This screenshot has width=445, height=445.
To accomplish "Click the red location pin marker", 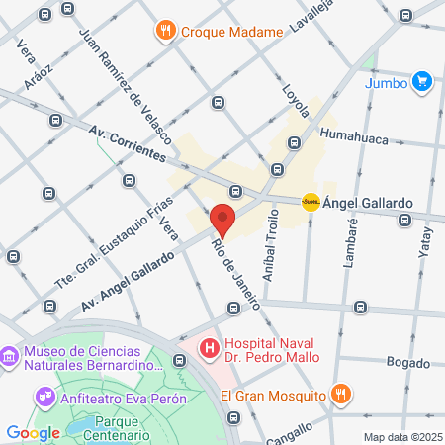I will pos(222,220).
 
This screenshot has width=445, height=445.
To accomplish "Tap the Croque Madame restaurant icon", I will pos(165,31).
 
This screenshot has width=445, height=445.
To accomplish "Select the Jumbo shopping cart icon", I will pos(422,81).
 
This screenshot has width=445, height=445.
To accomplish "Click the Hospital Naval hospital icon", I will pos(209,348).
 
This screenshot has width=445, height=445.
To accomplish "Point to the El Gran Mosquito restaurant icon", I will pos(341,395).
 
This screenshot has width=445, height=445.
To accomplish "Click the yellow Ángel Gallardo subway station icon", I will pos(311,202).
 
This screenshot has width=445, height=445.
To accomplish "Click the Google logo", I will pos(33,432).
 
